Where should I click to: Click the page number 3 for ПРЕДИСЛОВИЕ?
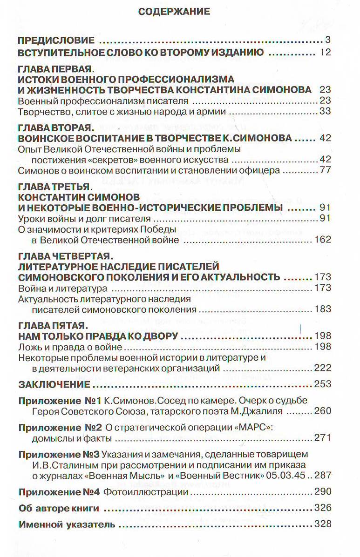coord(328,40)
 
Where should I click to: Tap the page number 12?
coord(325,52)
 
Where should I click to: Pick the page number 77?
coord(325,170)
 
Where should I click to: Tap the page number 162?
coord(322,240)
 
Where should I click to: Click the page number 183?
coord(322,309)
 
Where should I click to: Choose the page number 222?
coord(322,368)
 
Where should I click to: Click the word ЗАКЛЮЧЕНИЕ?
coord(53,384)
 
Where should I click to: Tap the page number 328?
coord(322,524)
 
